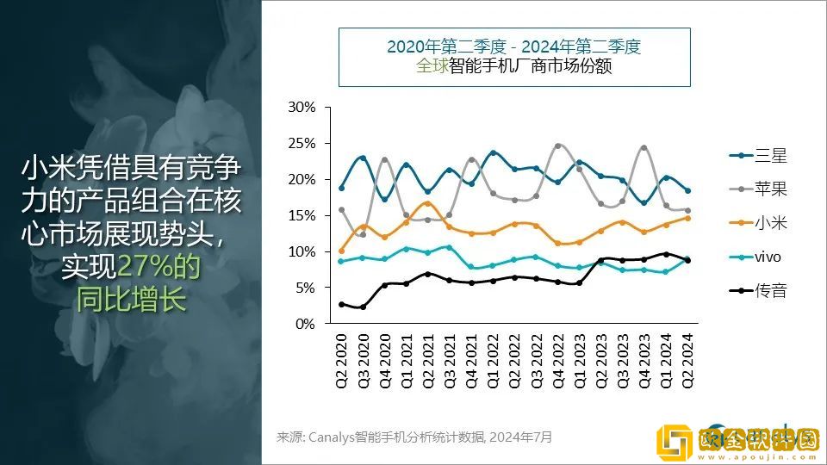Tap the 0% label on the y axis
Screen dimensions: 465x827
(306, 324)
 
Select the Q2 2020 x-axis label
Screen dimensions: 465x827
(341, 362)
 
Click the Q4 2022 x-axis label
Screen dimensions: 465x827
(557, 362)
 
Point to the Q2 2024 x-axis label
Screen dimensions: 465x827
(687, 362)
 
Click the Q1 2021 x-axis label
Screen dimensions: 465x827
(406, 362)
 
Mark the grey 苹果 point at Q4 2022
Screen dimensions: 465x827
(557, 146)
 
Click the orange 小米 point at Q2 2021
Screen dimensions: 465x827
(428, 203)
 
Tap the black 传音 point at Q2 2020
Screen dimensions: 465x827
(341, 304)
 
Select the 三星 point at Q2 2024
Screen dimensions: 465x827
(687, 190)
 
